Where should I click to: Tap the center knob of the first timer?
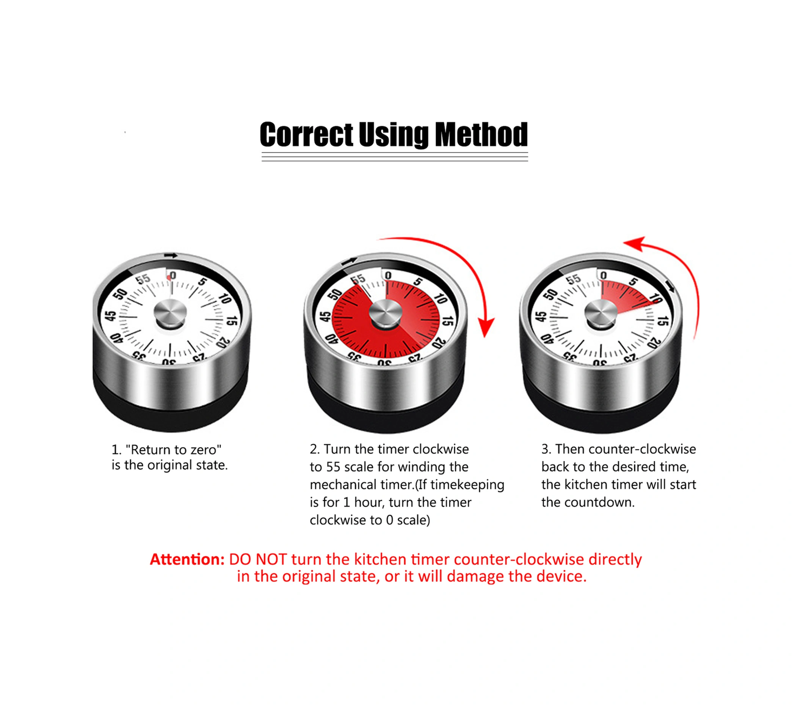(x=170, y=313)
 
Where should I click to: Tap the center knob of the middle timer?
(x=385, y=313)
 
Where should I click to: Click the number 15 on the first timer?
(x=231, y=320)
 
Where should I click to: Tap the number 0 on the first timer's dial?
(x=173, y=276)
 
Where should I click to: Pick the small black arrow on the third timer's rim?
(x=670, y=287)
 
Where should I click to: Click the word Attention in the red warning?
(x=187, y=559)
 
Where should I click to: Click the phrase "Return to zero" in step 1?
(x=173, y=449)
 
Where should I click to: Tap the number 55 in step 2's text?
(x=333, y=466)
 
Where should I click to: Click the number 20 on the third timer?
(x=654, y=342)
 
